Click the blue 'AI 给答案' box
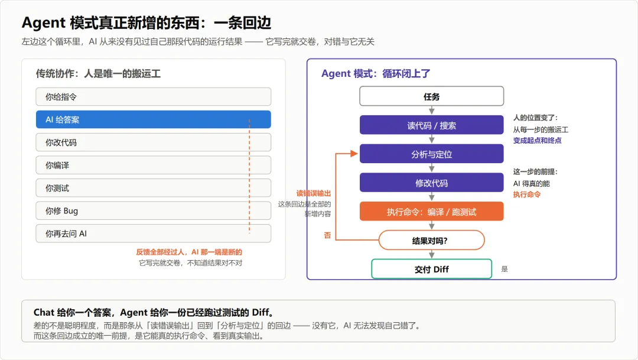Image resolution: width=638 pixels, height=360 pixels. (154, 119)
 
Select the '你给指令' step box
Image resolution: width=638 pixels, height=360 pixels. (154, 96)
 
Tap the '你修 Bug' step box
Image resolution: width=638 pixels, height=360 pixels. (154, 210)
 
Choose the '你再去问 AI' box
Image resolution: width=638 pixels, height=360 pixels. (154, 233)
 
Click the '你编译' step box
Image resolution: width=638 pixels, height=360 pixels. (154, 165)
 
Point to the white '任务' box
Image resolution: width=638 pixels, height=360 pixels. (431, 96)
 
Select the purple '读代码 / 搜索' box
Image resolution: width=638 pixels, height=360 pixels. (431, 125)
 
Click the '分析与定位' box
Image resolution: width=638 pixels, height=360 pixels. (431, 154)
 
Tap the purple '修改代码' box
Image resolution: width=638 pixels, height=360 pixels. (431, 183)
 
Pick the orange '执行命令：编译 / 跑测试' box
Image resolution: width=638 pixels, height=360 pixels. (431, 212)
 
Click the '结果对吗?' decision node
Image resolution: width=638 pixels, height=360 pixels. (431, 240)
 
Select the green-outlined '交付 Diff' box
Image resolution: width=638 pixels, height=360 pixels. (431, 269)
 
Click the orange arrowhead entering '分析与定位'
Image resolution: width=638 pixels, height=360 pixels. (354, 154)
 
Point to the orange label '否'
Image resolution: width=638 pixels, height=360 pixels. (327, 235)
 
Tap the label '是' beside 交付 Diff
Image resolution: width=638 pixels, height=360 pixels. (504, 269)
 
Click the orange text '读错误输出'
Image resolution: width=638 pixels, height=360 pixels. (313, 193)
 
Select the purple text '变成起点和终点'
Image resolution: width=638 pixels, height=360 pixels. (537, 141)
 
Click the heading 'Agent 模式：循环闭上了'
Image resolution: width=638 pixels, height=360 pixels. (376, 74)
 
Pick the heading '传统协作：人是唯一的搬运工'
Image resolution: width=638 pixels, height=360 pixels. (98, 74)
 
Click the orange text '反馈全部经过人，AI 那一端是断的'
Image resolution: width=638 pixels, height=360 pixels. (189, 252)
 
